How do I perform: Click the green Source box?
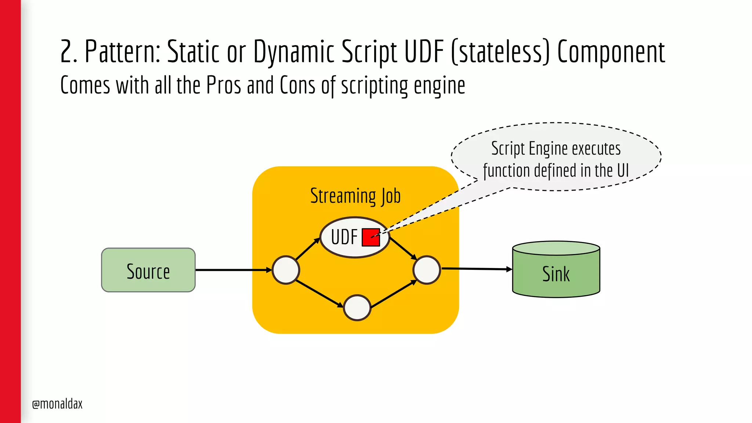[148, 270]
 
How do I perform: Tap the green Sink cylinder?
[556, 274]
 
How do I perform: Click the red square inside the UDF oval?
[370, 237]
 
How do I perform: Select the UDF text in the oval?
[344, 237]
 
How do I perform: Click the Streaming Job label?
[355, 196]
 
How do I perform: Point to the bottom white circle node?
[357, 308]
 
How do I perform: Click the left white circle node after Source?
[286, 270]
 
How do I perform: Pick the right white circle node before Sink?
[426, 270]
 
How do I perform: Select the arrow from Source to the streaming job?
[233, 270]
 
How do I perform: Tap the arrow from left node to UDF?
[308, 249]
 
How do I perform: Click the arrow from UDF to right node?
[403, 249]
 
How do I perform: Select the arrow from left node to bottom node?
[319, 293]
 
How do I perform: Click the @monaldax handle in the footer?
[57, 404]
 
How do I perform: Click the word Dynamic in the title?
[294, 51]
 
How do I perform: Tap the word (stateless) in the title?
[500, 51]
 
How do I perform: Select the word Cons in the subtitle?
[297, 85]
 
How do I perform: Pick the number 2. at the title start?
[69, 51]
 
